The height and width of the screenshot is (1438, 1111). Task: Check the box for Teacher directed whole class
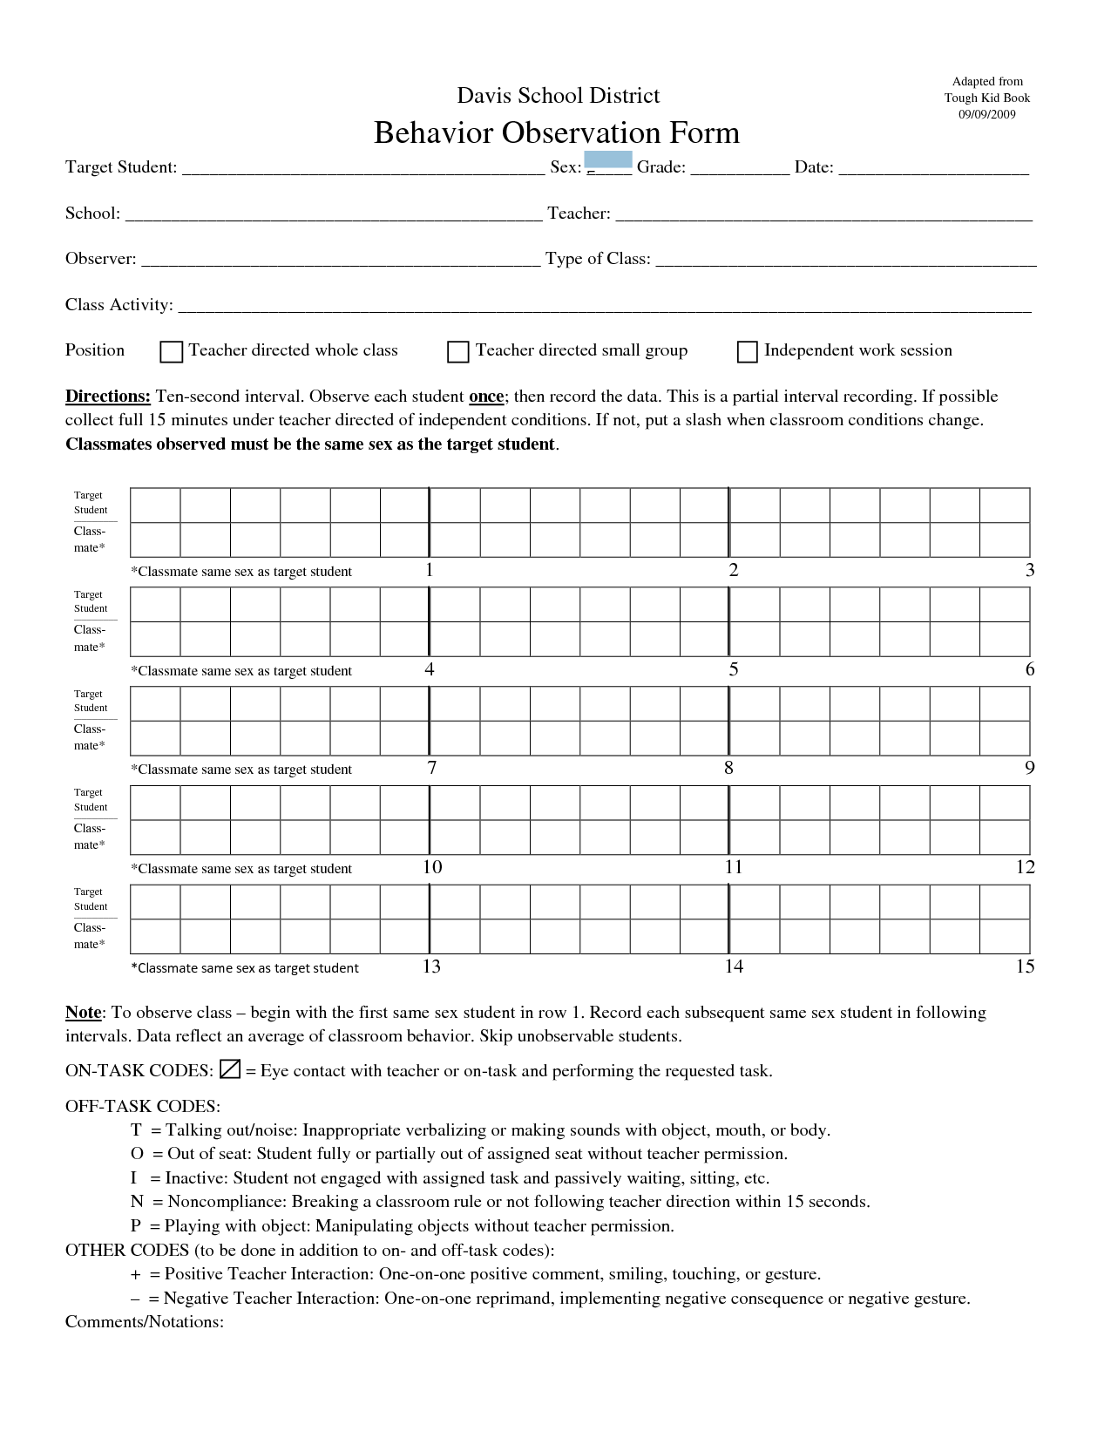pyautogui.click(x=172, y=351)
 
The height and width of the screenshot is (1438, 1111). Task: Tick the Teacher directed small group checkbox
pyautogui.click(x=458, y=351)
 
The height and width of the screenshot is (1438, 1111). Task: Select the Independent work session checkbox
pyautogui.click(x=748, y=351)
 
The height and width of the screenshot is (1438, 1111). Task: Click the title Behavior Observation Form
pyautogui.click(x=556, y=132)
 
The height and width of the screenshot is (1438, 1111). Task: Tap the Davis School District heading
pyautogui.click(x=558, y=95)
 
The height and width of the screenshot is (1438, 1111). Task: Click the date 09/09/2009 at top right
pyautogui.click(x=987, y=114)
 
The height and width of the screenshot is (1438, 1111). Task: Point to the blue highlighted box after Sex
pyautogui.click(x=607, y=159)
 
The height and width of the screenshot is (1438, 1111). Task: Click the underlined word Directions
pyautogui.click(x=108, y=397)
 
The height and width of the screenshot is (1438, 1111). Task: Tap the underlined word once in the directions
pyautogui.click(x=486, y=397)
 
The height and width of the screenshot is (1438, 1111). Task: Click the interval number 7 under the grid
pyautogui.click(x=432, y=768)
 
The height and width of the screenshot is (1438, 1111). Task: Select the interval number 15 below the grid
pyautogui.click(x=1025, y=966)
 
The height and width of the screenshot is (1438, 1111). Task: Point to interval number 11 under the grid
pyautogui.click(x=734, y=867)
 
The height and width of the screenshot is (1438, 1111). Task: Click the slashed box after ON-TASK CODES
pyautogui.click(x=230, y=1069)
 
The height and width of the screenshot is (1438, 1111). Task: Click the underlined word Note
pyautogui.click(x=84, y=1013)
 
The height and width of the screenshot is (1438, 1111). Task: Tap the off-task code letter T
pyautogui.click(x=136, y=1130)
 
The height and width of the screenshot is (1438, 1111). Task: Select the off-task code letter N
pyautogui.click(x=136, y=1202)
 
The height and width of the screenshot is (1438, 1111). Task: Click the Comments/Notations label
pyautogui.click(x=145, y=1322)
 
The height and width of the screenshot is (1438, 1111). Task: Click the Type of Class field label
pyautogui.click(x=598, y=259)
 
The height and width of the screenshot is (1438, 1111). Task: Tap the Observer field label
pyautogui.click(x=100, y=259)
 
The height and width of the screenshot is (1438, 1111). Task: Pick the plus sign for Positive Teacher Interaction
pyautogui.click(x=136, y=1274)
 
